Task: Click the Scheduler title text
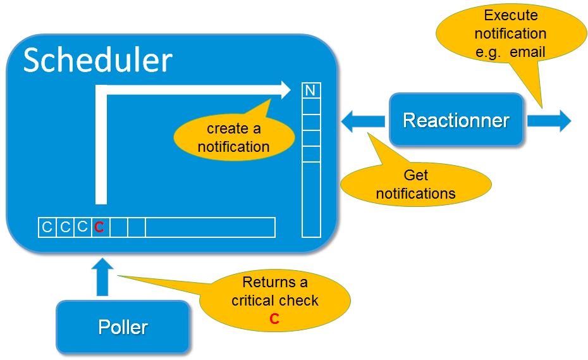tap(98, 60)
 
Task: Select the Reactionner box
tap(456, 120)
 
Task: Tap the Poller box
tap(123, 327)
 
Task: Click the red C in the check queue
tap(99, 228)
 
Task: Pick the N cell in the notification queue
tap(310, 90)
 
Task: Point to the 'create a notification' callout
tap(234, 137)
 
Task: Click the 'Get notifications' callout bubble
tap(415, 184)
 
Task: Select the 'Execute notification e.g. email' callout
tap(510, 34)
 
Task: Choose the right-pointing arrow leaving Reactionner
tap(549, 120)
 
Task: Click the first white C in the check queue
tap(47, 227)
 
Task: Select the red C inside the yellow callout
tap(274, 319)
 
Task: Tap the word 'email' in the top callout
tap(527, 52)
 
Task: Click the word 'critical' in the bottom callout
tap(255, 301)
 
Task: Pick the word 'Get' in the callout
tap(415, 175)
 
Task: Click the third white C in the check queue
tap(82, 227)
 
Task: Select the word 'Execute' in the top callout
tap(511, 15)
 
